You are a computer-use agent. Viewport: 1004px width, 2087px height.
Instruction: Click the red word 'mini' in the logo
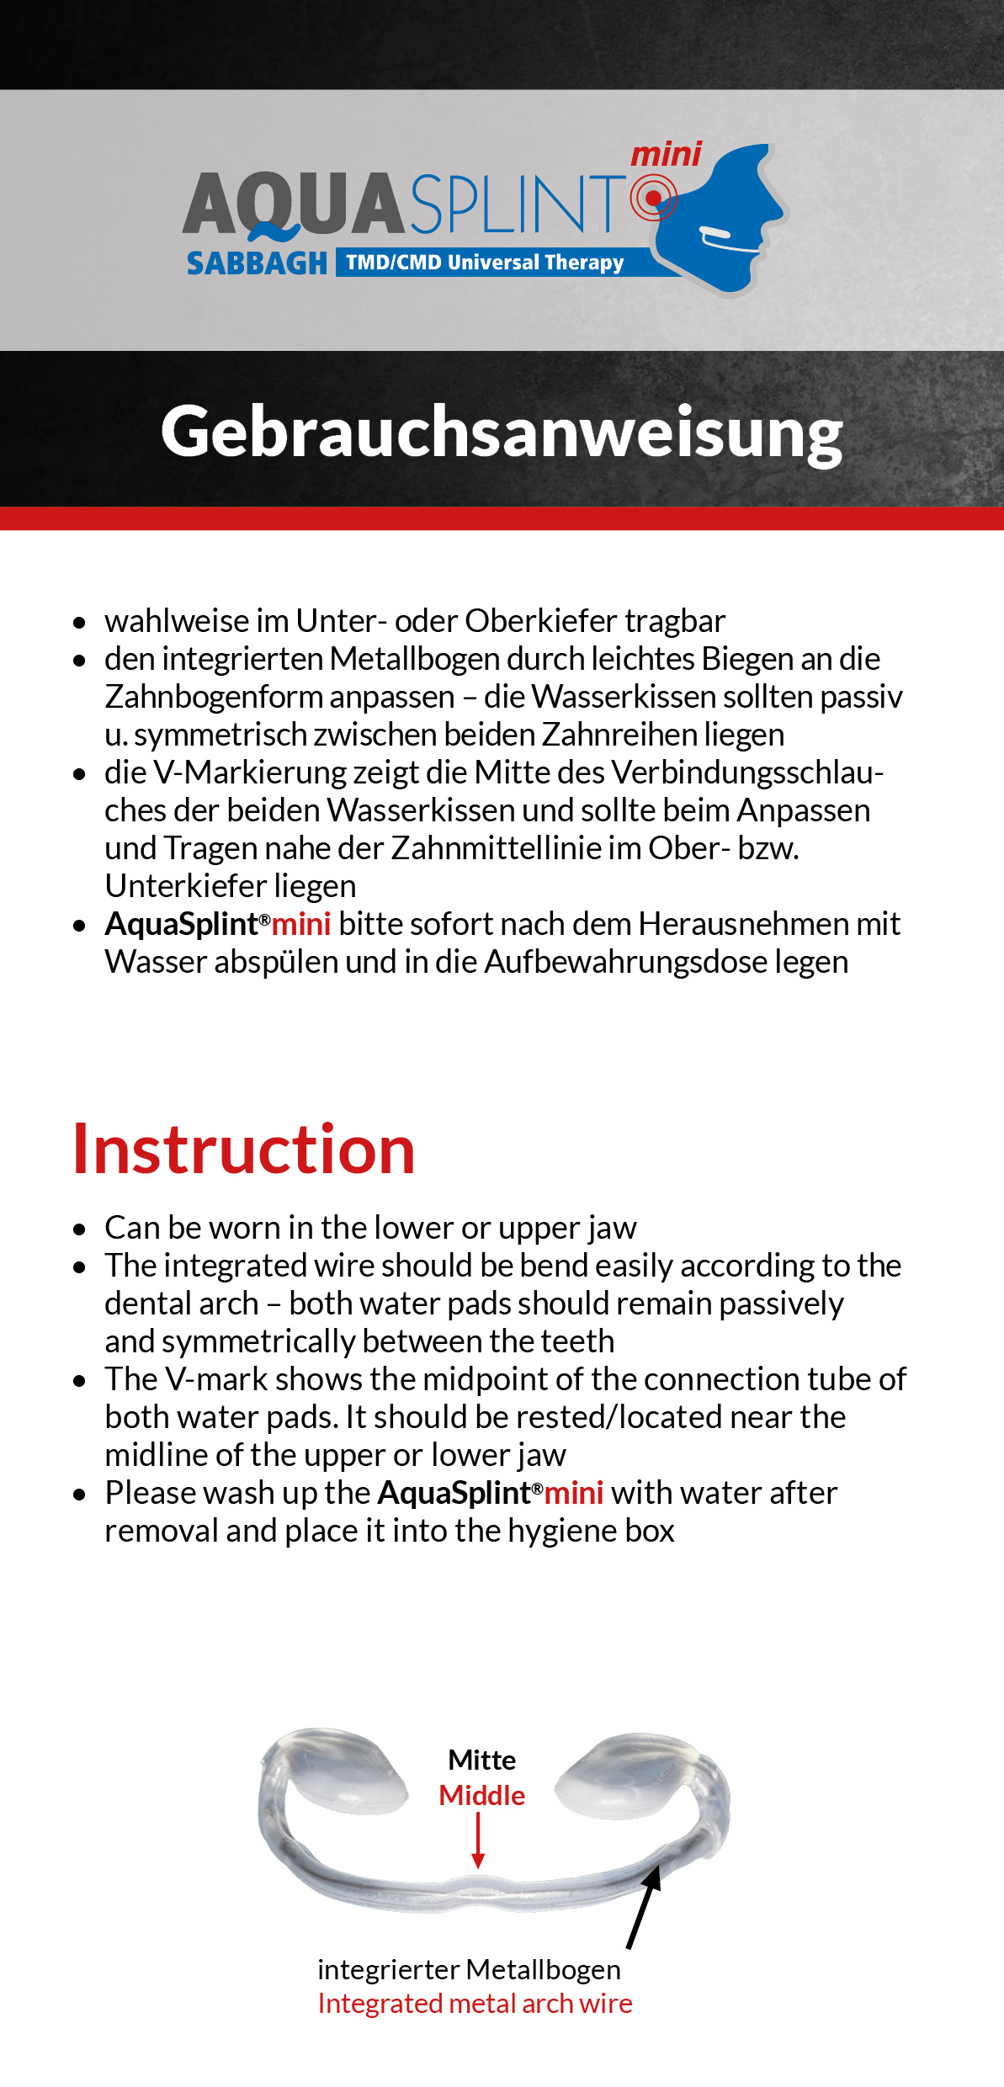[666, 155]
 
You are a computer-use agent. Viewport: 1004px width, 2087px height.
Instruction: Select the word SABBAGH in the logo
[257, 263]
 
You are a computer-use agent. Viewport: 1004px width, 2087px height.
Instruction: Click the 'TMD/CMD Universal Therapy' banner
[485, 263]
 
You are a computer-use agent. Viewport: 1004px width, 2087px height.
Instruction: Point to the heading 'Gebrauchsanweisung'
[502, 432]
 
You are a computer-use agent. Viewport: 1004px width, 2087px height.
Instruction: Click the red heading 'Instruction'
[244, 1150]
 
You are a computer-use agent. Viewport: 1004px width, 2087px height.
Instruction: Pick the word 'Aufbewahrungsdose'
[625, 962]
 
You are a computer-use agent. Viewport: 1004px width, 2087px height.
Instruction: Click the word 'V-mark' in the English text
[215, 1379]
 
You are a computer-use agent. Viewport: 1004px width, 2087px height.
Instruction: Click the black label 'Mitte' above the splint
[481, 1760]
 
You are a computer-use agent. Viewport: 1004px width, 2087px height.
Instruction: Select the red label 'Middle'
[481, 1795]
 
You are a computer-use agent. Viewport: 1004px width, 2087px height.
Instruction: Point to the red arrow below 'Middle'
[478, 1841]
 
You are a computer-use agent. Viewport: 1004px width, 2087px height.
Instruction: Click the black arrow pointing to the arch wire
[643, 1907]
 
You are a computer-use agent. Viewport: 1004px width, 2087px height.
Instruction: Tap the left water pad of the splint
[345, 1767]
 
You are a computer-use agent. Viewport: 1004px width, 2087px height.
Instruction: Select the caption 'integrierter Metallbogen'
[469, 1970]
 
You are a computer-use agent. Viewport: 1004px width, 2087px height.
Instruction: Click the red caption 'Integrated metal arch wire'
[475, 2004]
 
